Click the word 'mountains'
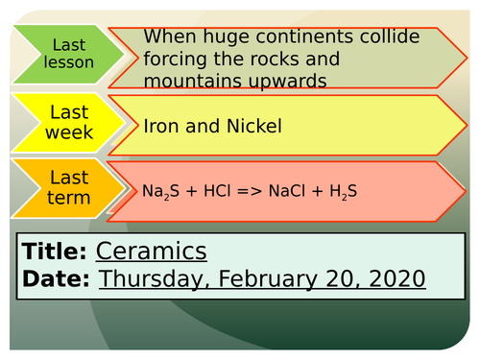(x=188, y=82)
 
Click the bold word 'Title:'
(x=54, y=252)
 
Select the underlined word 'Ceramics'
(x=151, y=252)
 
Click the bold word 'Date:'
(x=56, y=278)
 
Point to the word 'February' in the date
(x=273, y=279)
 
